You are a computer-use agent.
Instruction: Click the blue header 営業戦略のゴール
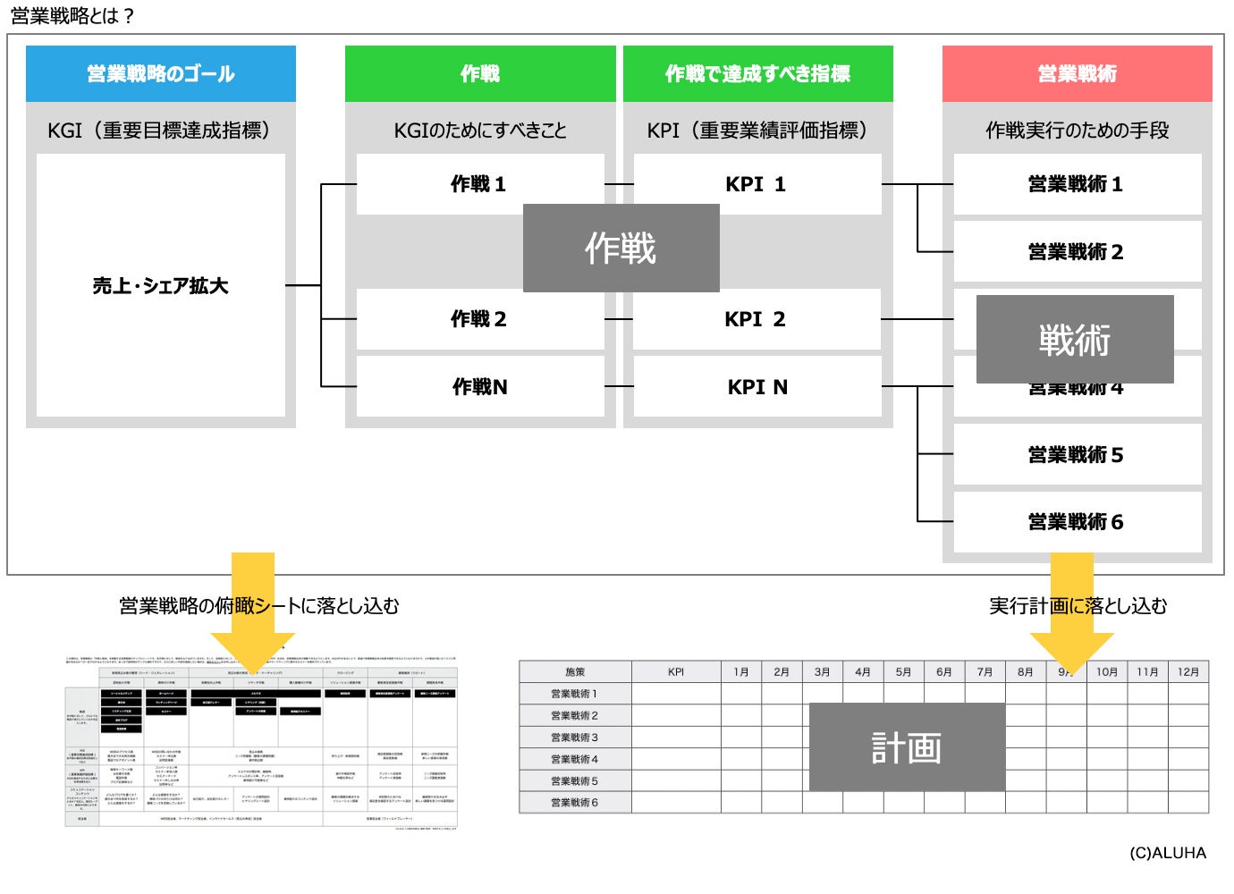(161, 74)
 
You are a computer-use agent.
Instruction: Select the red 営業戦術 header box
(1077, 74)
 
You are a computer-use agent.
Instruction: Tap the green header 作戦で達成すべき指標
(757, 74)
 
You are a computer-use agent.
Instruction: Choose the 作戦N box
(480, 387)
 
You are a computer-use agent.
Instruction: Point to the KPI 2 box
(756, 319)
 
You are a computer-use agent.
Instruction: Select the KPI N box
(757, 387)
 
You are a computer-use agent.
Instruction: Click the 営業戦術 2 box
(1077, 252)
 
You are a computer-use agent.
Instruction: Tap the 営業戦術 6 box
(1077, 522)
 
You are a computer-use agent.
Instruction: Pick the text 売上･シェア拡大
(161, 286)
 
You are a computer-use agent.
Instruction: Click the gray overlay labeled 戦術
(1074, 340)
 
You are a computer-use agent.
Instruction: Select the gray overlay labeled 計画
(907, 747)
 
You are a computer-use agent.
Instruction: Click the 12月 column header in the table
(1188, 671)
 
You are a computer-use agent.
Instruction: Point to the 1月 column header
(741, 671)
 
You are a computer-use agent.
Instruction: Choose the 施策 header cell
(575, 671)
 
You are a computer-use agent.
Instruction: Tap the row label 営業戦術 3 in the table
(575, 738)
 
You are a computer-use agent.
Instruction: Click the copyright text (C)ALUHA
(1167, 853)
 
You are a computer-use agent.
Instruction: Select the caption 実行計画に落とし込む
(1078, 606)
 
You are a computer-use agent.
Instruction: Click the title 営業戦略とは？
(72, 15)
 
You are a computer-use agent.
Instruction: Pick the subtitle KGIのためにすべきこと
(480, 131)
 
